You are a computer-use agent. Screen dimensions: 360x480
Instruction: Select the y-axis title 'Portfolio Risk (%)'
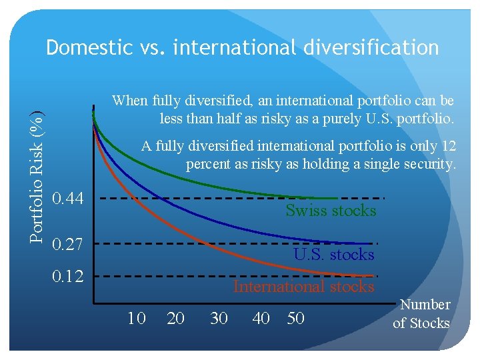[x=40, y=175]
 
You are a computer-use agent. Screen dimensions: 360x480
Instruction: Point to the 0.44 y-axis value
[x=68, y=198]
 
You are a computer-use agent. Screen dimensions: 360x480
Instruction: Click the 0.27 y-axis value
[x=68, y=245]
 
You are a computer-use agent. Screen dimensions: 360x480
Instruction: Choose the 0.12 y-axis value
[x=68, y=275]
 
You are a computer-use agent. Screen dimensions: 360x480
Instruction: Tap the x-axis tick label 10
[x=137, y=319]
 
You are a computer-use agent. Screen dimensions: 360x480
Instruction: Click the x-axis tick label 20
[x=176, y=319]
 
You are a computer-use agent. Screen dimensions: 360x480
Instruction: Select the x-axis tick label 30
[x=219, y=319]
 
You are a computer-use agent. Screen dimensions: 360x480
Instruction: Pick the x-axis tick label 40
[x=261, y=319]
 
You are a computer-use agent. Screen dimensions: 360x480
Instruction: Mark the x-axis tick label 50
[x=295, y=319]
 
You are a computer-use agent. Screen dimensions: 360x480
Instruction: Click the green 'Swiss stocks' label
[x=331, y=211]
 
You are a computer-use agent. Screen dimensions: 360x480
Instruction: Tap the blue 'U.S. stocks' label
[x=334, y=255]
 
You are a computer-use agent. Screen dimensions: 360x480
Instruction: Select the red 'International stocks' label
[x=303, y=287]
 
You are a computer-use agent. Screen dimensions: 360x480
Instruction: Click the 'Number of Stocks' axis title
[x=421, y=314]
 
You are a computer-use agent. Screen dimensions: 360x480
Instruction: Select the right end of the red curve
[x=372, y=275]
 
